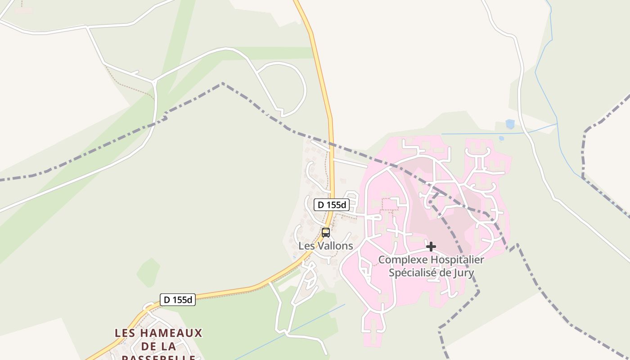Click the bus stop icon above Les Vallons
326,233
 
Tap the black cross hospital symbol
431,247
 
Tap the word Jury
464,273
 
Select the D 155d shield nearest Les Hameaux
178,300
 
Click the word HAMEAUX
171,333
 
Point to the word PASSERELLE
159,358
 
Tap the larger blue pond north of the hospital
510,124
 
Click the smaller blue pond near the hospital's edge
501,139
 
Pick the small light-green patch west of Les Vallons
148,272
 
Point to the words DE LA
158,346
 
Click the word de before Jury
445,273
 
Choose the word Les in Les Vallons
306,246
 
